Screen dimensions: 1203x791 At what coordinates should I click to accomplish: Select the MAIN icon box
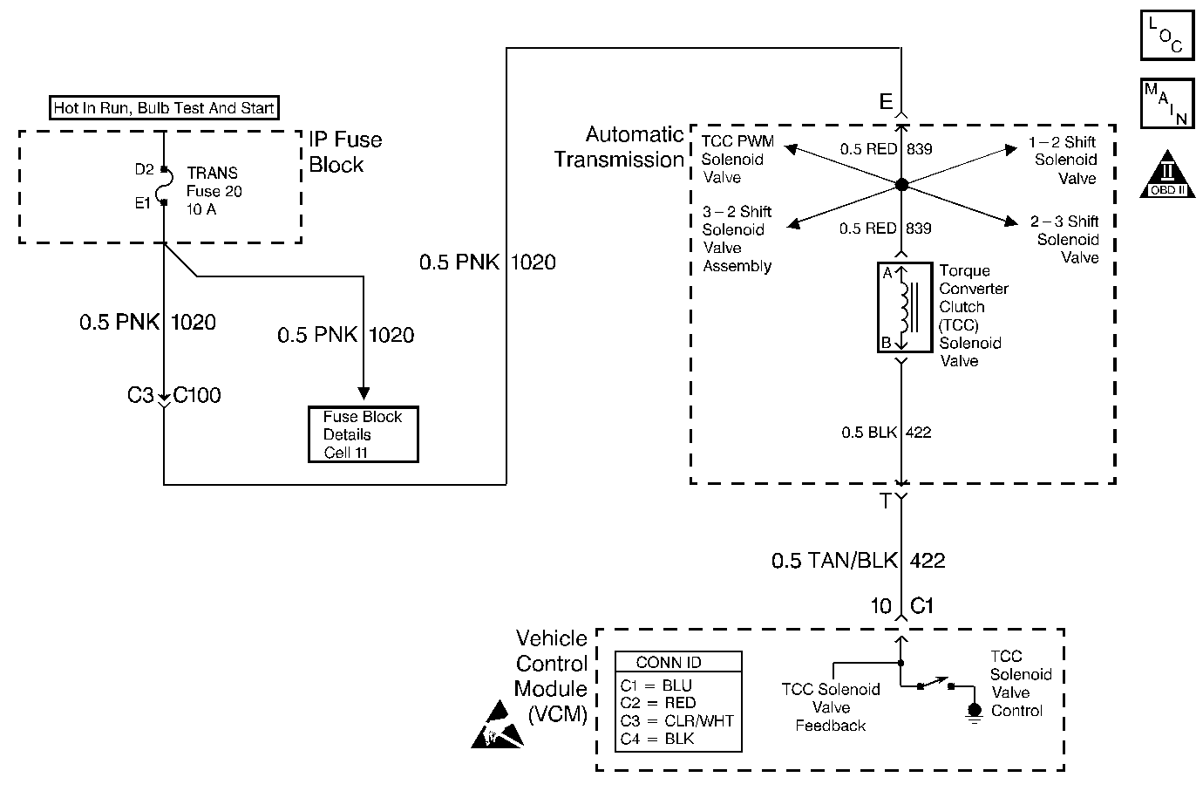pos(1167,103)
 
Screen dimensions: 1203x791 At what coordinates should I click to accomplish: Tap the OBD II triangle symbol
pos(1167,174)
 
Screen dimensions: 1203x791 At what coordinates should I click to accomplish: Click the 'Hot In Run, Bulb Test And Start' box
pos(164,107)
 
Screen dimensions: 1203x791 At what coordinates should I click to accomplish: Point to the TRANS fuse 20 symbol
pos(165,186)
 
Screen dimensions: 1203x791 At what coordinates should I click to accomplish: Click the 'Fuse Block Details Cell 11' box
pos(363,434)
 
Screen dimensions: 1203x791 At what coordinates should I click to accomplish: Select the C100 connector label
pos(196,395)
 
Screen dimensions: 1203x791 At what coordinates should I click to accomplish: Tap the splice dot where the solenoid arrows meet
pos(901,185)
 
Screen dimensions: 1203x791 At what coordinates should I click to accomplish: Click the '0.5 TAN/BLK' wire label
pos(834,561)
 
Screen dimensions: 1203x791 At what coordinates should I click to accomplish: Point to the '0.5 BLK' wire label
pos(869,432)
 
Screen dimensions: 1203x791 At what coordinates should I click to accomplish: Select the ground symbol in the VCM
pos(975,713)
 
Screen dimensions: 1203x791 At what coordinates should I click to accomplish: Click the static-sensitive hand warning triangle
pos(497,725)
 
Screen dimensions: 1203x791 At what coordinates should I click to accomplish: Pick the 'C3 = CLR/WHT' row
pos(676,720)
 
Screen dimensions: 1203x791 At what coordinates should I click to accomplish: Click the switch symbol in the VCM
pos(935,684)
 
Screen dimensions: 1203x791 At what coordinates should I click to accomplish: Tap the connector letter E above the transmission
pos(886,101)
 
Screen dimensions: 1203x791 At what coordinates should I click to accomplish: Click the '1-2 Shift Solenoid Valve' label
pos(1064,160)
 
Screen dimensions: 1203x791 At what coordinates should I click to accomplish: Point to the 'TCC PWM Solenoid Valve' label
pos(737,159)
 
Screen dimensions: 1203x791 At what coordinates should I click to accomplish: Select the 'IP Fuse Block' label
pos(345,152)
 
